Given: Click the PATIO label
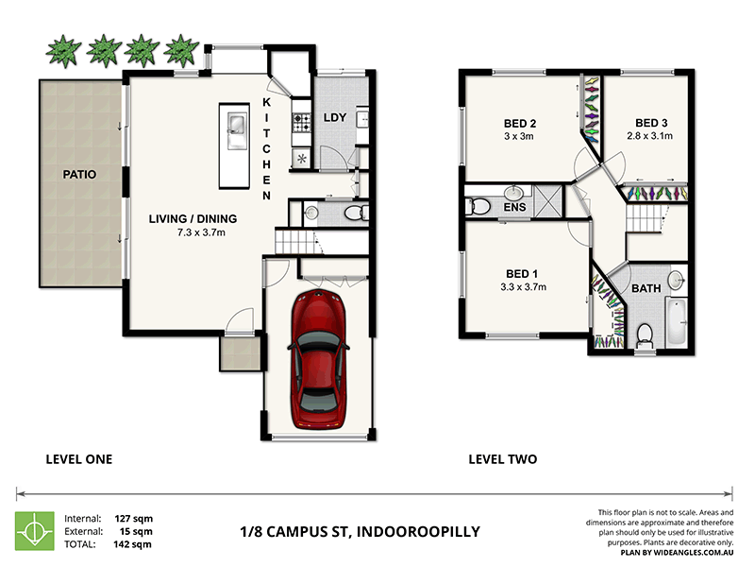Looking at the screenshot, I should click(x=80, y=175).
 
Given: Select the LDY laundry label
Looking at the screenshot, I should click(x=334, y=118).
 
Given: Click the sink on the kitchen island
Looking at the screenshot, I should click(x=235, y=126).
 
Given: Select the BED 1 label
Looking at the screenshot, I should click(x=519, y=264).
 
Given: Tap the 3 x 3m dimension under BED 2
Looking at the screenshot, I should click(x=519, y=137).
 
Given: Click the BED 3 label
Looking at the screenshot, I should click(x=651, y=123).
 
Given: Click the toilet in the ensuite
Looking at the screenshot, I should click(x=478, y=205).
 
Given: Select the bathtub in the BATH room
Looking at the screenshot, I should click(x=678, y=321).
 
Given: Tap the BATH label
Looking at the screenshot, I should click(x=646, y=289).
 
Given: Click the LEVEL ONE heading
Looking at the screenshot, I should click(x=79, y=459).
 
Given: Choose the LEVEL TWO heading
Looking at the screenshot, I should click(x=503, y=459).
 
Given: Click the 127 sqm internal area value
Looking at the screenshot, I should click(x=134, y=518).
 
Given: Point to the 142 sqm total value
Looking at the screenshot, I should click(x=134, y=545).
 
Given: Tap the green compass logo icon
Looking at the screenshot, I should click(x=34, y=531).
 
